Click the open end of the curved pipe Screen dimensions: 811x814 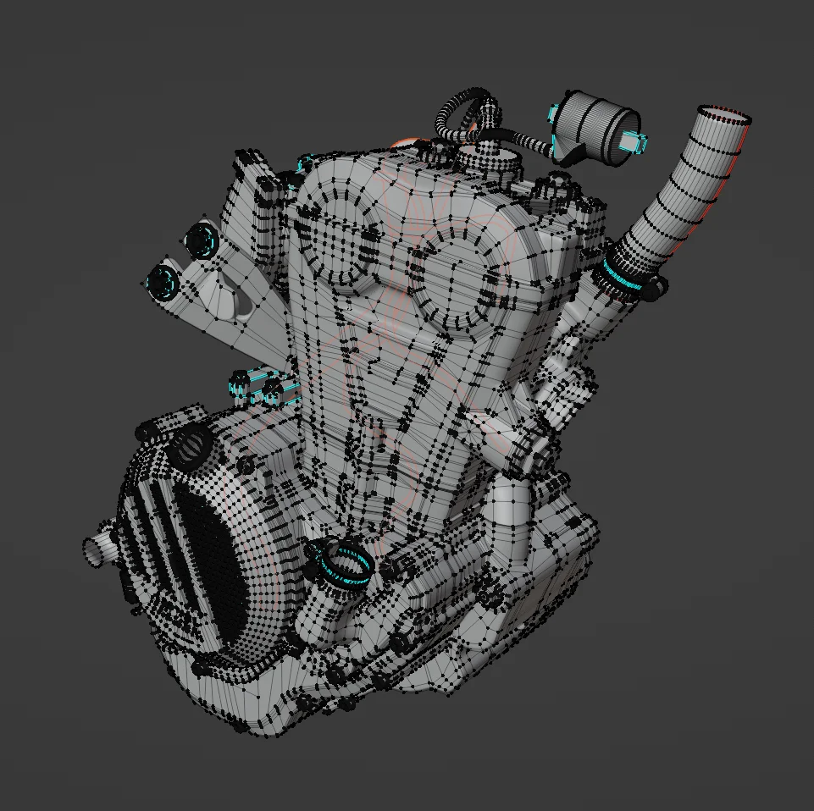tap(725, 116)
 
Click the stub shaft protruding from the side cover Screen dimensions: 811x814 tap(100, 546)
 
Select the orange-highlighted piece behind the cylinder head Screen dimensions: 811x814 tap(409, 142)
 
